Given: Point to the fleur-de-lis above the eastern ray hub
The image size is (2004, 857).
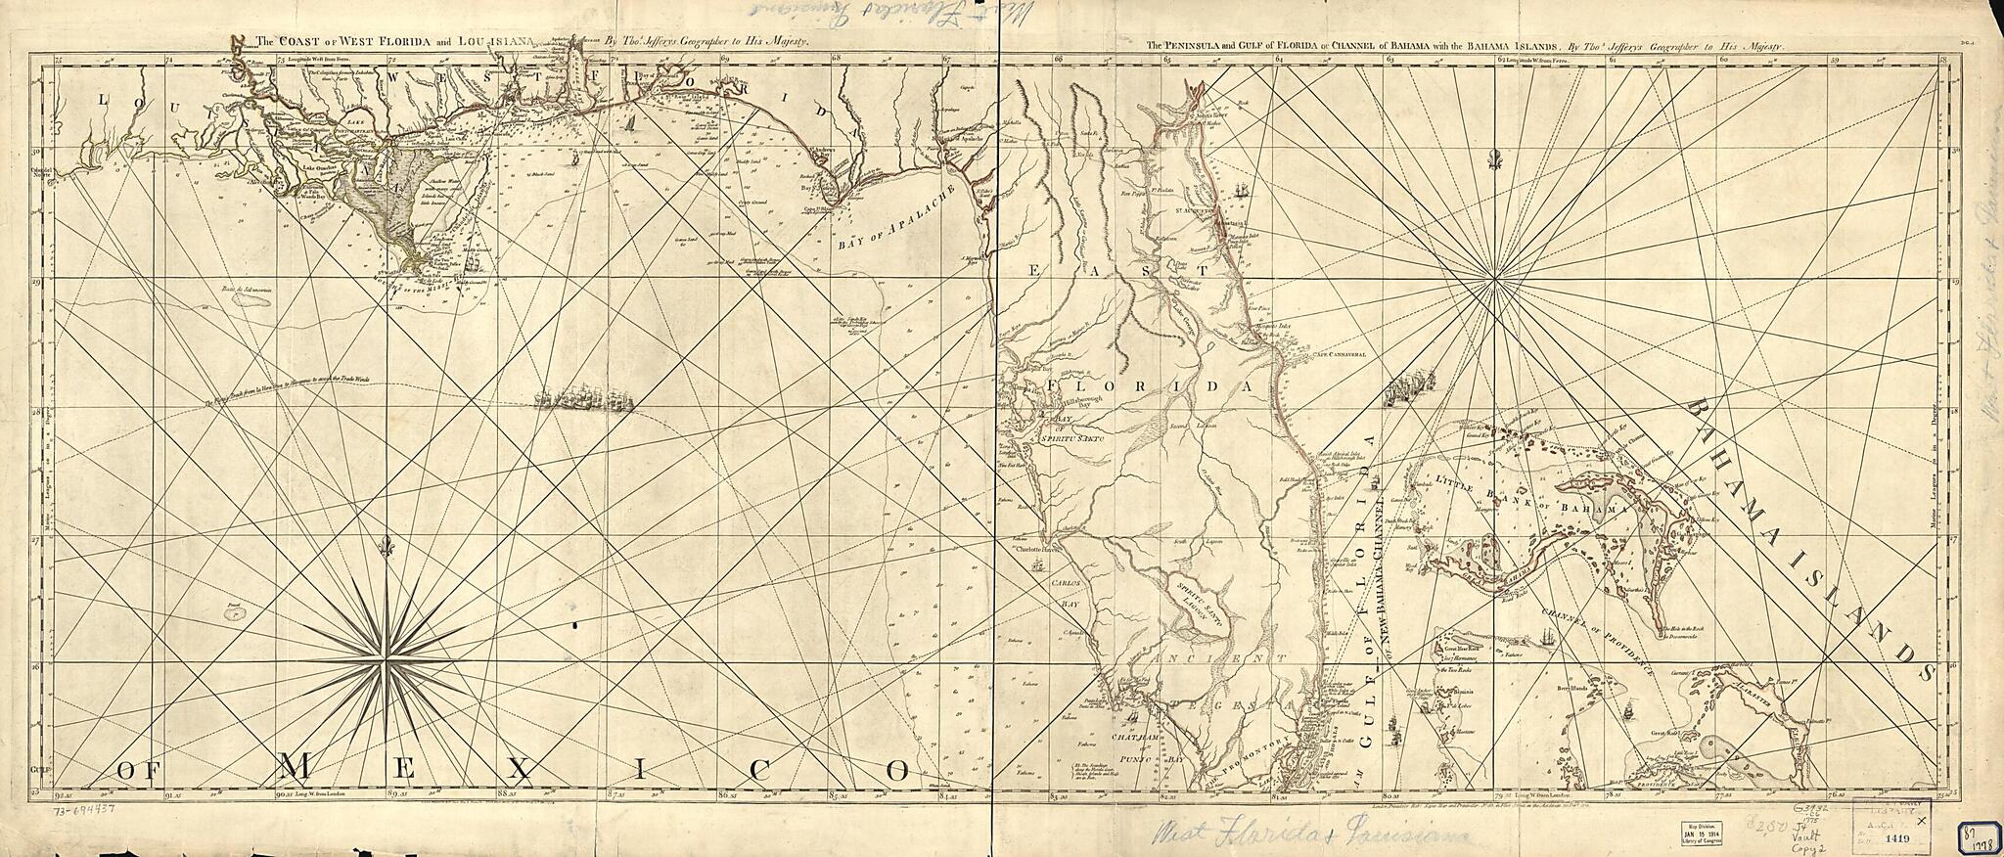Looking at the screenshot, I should pos(1494,158).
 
